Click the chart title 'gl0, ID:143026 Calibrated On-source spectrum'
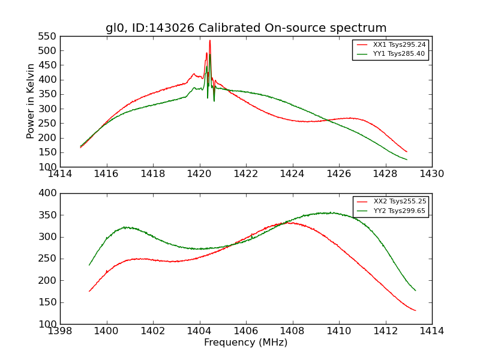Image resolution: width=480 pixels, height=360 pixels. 246,28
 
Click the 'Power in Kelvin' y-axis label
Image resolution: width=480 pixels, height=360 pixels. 31,101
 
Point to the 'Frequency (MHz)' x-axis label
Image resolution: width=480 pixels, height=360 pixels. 246,343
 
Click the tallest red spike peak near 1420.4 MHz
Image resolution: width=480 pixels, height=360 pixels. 209,41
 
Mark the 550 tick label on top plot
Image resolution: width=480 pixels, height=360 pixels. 49,36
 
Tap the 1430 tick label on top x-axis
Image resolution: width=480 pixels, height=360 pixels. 432,174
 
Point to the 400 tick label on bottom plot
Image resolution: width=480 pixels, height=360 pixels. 49,193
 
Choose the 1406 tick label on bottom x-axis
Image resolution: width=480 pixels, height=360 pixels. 246,331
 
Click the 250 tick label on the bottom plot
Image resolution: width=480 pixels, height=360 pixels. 49,259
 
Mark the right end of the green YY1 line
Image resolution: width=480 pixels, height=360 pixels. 407,160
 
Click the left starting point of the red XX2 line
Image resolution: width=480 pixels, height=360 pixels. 89,292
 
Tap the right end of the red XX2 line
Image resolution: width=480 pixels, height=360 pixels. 415,310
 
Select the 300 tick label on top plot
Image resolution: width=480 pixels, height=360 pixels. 49,109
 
